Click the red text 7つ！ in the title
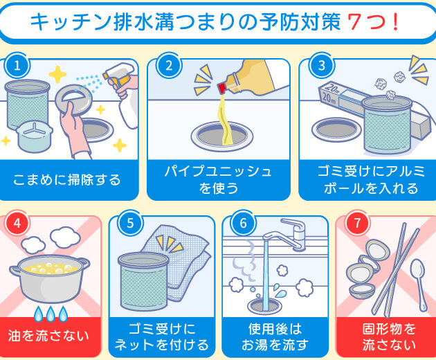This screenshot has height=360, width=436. (x=373, y=21)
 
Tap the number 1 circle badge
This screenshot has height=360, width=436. (x=17, y=66)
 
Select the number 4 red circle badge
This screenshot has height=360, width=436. (x=17, y=223)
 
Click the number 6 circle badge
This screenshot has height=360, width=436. (x=244, y=223)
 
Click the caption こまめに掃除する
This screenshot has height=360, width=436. (x=66, y=180)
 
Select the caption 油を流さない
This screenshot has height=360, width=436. (x=48, y=336)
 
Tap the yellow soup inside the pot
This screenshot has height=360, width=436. (x=50, y=269)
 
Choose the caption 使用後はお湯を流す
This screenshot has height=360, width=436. (x=275, y=336)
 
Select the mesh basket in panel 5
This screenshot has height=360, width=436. (x=143, y=281)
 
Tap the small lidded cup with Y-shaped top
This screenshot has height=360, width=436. (x=34, y=136)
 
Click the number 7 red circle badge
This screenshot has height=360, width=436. (x=357, y=223)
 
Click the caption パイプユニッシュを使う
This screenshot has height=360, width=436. (x=219, y=180)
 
